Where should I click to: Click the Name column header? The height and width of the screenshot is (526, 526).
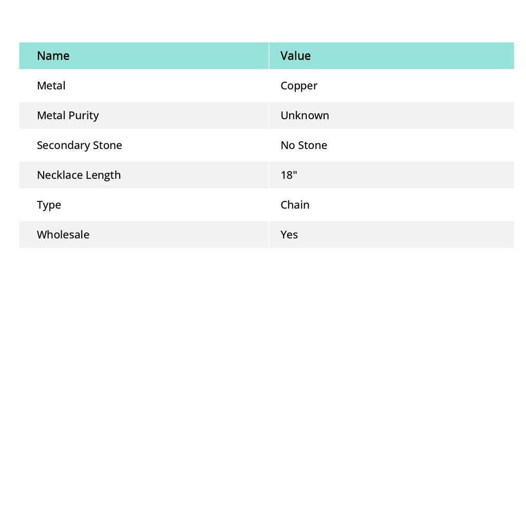click(x=53, y=56)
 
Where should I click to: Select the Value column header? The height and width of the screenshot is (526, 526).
click(x=295, y=56)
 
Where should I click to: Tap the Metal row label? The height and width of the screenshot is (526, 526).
click(x=51, y=86)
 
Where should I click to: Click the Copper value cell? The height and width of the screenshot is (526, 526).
click(x=299, y=86)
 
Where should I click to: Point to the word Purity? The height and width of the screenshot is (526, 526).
click(x=83, y=116)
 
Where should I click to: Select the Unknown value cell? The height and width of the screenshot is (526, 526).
click(x=305, y=116)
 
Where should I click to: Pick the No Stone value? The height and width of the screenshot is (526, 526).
click(x=304, y=145)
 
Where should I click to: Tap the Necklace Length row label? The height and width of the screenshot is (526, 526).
click(x=79, y=175)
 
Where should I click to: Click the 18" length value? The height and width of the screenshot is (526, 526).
click(x=289, y=175)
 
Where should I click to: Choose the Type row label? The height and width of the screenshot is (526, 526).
click(x=49, y=205)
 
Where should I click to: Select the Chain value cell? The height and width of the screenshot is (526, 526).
click(x=295, y=205)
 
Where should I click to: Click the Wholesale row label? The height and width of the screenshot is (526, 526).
click(x=63, y=235)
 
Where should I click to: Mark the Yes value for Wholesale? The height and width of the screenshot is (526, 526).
click(x=289, y=235)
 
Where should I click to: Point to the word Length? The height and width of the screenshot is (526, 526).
click(x=103, y=175)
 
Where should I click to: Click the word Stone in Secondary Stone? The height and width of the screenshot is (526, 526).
click(x=107, y=145)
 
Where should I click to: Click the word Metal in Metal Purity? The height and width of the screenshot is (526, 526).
click(x=51, y=116)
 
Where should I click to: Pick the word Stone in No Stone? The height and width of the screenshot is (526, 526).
click(x=312, y=145)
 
